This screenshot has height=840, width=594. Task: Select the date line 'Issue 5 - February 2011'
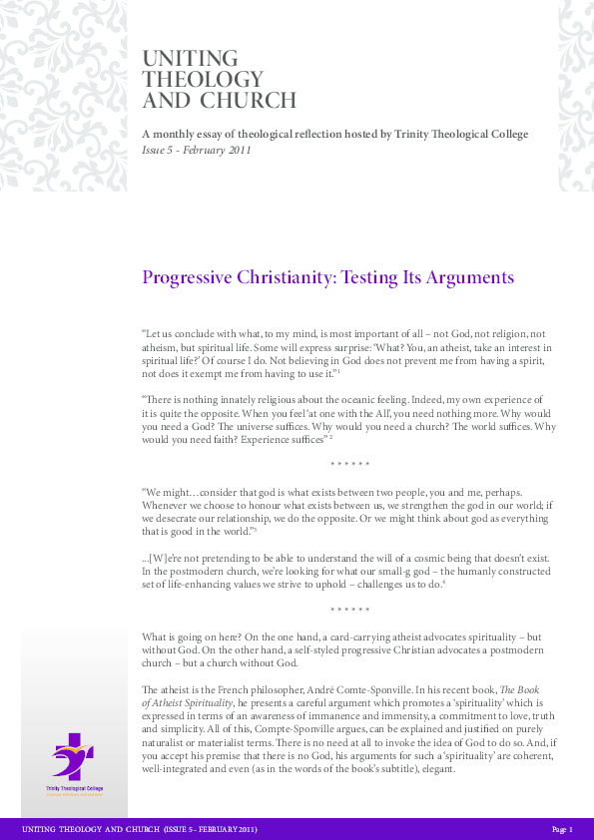(x=197, y=151)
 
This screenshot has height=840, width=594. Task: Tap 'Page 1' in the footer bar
(x=562, y=829)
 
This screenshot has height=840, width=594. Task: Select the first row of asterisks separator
(x=349, y=465)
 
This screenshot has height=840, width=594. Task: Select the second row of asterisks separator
(x=349, y=609)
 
